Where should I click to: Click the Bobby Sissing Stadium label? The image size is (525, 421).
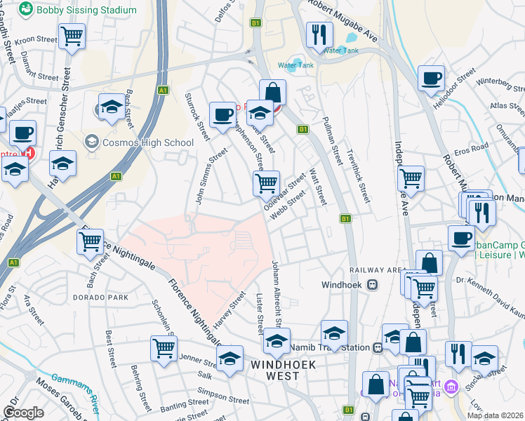click(x=86, y=10)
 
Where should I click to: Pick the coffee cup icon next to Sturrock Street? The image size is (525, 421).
click(x=223, y=114)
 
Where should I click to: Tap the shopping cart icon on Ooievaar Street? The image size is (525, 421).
click(x=266, y=184)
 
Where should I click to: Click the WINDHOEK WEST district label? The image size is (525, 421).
click(x=285, y=370)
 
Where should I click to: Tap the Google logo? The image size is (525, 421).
click(x=23, y=413)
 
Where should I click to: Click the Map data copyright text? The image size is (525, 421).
click(x=495, y=415)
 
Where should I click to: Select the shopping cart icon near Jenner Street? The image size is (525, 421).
click(x=164, y=348)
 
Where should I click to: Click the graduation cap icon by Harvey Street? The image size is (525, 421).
click(x=230, y=359)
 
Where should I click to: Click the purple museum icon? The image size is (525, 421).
click(x=451, y=387)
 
